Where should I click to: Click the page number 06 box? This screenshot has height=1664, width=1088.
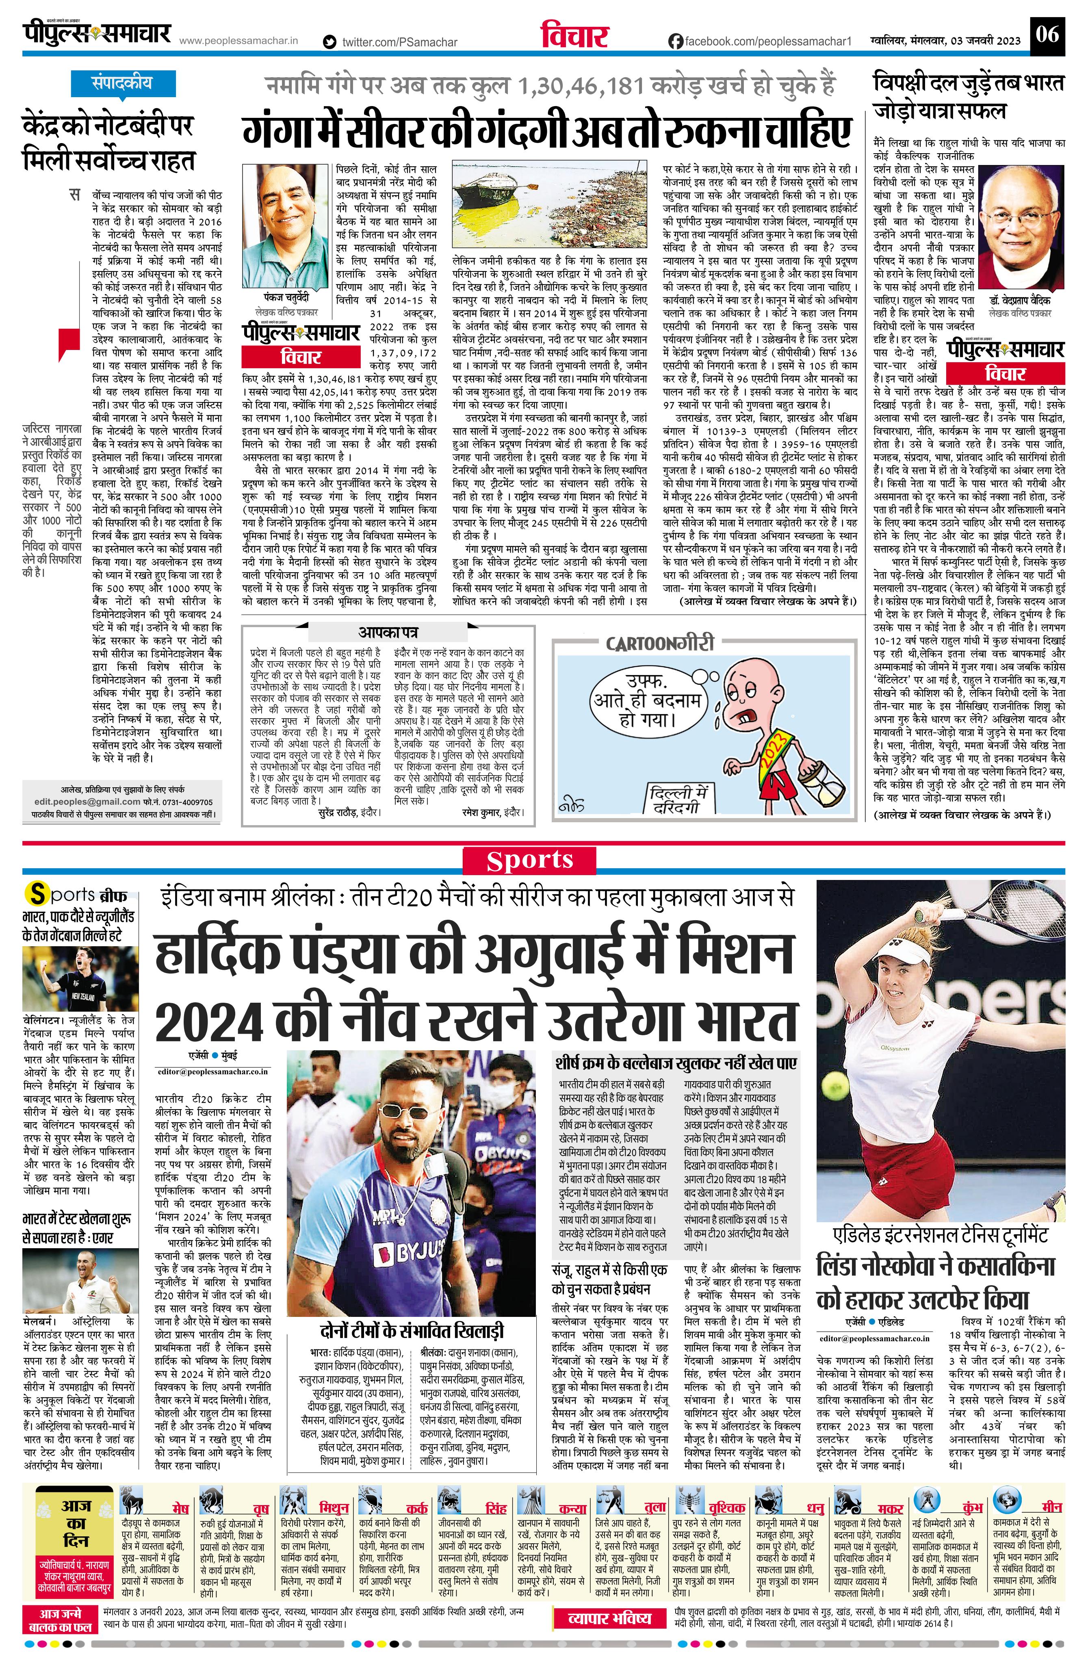pos(1048,34)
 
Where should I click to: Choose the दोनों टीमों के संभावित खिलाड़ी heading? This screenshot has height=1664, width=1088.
pos(408,1330)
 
